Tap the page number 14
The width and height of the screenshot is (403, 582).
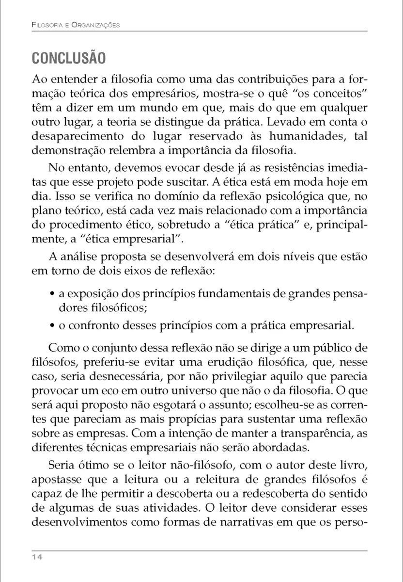pyautogui.click(x=37, y=557)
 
